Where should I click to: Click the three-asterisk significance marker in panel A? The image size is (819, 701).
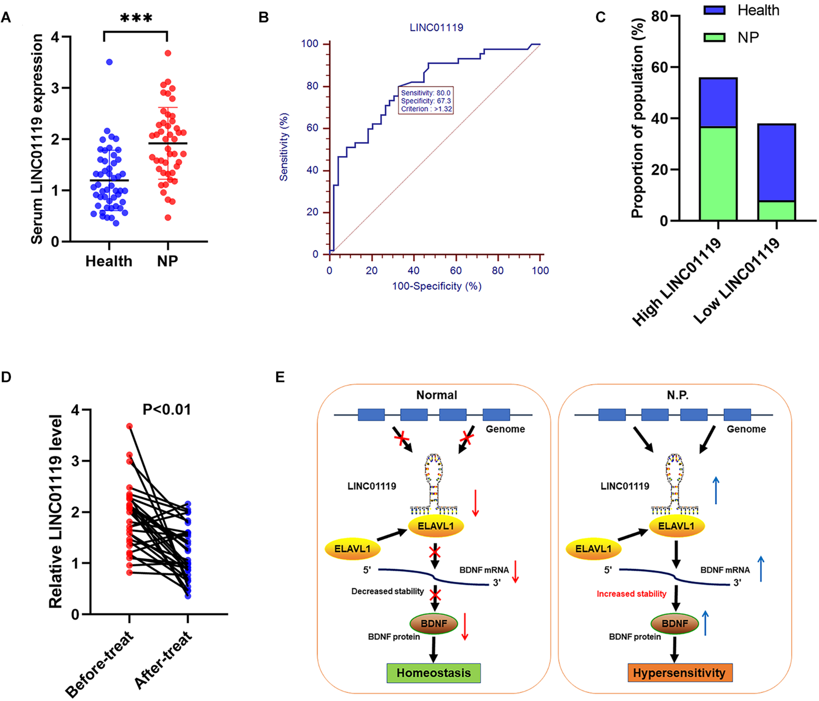pos(136,18)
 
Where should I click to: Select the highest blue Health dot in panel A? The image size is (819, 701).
pos(109,62)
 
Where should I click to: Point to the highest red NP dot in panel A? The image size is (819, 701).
pos(168,53)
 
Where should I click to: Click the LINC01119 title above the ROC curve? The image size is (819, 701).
pos(436,28)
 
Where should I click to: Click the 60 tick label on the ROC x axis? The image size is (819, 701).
pos(456,271)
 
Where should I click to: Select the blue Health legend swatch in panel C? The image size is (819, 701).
pos(714,10)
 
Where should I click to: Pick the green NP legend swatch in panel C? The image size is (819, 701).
pos(714,38)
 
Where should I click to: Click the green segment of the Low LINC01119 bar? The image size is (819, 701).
pos(776,211)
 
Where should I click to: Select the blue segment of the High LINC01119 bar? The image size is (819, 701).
pos(718,103)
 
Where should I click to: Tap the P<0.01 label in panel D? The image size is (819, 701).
pos(167,410)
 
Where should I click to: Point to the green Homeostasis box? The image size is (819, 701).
pos(434,673)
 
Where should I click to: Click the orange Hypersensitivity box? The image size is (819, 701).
pos(679,673)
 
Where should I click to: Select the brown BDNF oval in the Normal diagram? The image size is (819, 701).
pos(434,624)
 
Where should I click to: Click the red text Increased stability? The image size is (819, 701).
pos(631,594)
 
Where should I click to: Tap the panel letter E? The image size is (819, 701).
pos(280,377)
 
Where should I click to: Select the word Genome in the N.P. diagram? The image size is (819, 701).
pos(746,429)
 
